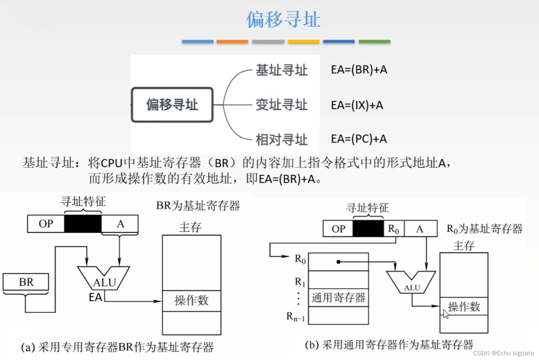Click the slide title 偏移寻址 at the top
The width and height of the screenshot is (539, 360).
283,20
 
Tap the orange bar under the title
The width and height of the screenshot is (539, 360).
232,42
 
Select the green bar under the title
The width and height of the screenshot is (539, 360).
374,42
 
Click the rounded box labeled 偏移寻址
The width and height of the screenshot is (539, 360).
172,105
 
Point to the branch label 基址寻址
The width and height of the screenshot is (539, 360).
281,70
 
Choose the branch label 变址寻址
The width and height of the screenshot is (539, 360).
281,105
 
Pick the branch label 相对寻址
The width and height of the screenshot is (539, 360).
281,139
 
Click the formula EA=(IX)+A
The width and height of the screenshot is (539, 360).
357,105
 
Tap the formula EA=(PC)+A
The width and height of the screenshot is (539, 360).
359,139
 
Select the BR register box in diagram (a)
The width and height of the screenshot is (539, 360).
26,282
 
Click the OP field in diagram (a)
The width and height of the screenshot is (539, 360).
46,224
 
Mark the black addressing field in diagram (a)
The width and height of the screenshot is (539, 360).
83,224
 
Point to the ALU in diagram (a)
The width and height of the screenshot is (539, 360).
104,279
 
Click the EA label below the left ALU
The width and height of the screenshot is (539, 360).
95,297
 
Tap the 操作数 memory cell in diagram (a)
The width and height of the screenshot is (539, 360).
191,301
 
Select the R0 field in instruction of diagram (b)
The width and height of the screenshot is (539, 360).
393,229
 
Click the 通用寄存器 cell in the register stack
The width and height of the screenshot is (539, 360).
338,298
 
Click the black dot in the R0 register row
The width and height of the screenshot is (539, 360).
338,262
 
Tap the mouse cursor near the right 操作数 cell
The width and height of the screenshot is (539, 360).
446,314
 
